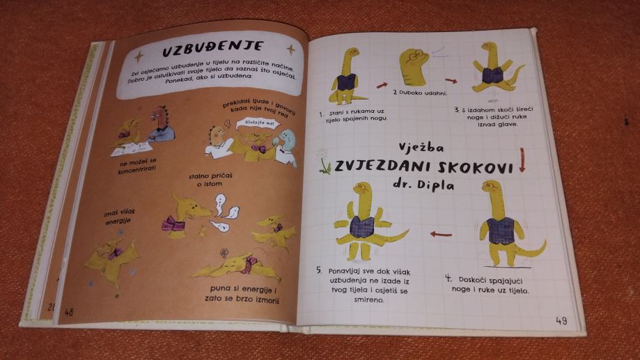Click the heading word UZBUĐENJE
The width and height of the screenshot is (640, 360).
point(213,49)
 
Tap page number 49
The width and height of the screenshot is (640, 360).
point(561,321)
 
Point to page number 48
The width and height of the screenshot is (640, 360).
point(68,312)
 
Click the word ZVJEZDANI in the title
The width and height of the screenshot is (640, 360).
point(382,166)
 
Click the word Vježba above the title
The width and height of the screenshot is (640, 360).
point(421,148)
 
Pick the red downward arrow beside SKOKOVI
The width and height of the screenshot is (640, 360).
point(522,159)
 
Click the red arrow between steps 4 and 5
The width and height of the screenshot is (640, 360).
point(441,234)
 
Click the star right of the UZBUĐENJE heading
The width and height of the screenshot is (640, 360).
point(290,50)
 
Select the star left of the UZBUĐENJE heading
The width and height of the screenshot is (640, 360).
point(139,56)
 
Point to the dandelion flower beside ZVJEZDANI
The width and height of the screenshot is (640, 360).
point(324,162)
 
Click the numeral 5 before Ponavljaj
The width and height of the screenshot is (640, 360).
point(319,270)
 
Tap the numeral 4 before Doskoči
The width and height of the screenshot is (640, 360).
point(448,279)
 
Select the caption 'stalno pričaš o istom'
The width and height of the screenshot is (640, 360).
point(210,180)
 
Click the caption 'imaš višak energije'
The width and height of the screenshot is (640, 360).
point(119,217)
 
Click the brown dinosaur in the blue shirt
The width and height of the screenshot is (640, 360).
point(161,124)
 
